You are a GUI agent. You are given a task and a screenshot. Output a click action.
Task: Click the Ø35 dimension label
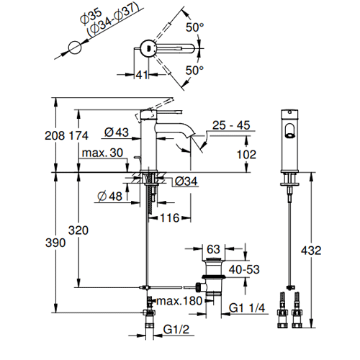91,16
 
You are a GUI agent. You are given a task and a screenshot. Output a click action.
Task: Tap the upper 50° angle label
194,27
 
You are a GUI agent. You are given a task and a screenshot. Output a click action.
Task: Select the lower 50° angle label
194,71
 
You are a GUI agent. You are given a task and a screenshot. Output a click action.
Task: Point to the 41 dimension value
142,75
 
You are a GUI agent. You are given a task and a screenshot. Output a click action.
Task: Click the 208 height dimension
55,136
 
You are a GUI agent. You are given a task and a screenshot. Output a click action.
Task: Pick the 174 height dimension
78,136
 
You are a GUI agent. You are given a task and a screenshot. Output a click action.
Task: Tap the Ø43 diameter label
117,132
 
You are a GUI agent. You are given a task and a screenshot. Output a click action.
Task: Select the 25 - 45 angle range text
231,125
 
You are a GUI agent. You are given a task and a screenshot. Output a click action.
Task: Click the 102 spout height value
247,154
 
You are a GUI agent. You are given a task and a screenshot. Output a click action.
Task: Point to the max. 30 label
102,153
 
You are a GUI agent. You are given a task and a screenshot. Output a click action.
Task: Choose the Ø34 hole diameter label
186,181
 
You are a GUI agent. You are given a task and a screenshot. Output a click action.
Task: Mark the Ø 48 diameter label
110,197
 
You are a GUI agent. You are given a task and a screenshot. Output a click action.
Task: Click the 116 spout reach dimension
170,218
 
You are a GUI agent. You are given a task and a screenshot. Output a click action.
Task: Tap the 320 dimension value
78,230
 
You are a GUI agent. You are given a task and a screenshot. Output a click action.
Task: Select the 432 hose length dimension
311,251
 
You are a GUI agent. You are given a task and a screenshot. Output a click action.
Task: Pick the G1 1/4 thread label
247,307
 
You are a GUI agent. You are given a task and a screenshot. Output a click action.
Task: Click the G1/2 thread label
176,329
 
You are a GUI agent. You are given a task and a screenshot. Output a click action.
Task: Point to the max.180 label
179,301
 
